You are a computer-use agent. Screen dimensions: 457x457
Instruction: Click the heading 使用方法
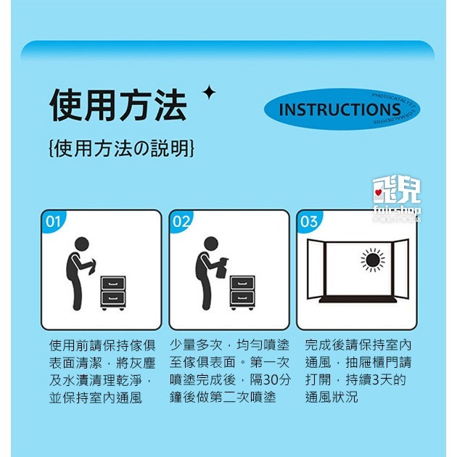[x=118, y=106]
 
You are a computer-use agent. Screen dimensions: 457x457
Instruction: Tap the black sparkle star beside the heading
[x=209, y=92]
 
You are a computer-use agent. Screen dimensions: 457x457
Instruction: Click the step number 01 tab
[x=53, y=221]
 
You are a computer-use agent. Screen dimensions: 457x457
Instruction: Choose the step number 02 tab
[x=181, y=221]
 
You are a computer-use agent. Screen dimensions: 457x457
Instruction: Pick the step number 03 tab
[x=309, y=221]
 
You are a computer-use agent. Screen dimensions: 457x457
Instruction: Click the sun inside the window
[x=374, y=260]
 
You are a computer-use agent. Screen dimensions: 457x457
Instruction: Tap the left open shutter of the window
[x=315, y=269]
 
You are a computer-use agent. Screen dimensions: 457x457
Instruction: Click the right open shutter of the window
[x=400, y=269]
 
